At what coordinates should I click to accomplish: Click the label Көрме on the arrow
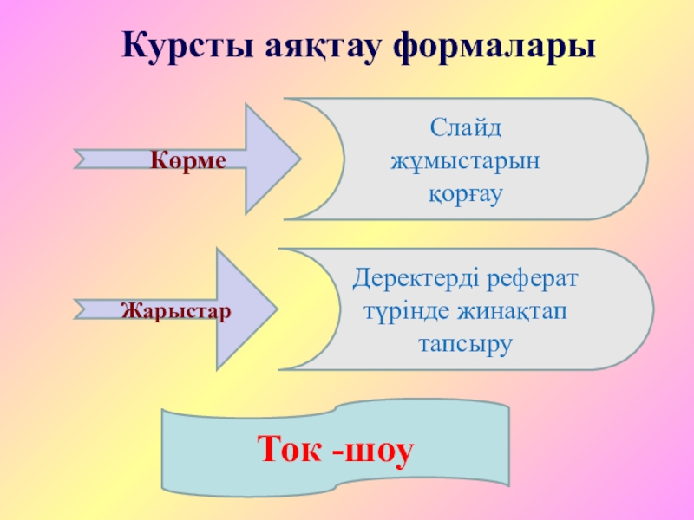coord(187,160)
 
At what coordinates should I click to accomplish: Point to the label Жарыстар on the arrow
coord(175,309)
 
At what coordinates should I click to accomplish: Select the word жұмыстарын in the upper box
coord(466,160)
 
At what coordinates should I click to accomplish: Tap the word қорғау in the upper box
coord(466,192)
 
